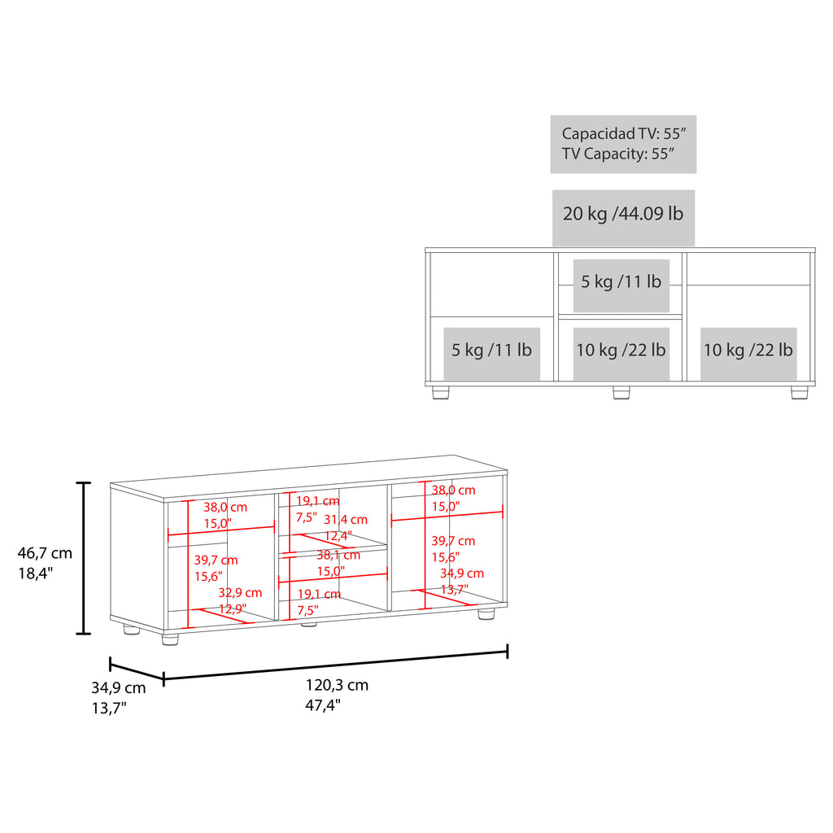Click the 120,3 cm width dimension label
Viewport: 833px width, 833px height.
[337, 685]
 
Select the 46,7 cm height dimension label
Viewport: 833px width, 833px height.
[45, 553]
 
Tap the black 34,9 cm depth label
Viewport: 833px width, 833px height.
[119, 687]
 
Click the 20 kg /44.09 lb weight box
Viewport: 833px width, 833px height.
[623, 218]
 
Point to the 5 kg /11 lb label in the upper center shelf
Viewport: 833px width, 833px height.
[621, 281]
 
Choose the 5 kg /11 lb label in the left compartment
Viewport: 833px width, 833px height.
[491, 350]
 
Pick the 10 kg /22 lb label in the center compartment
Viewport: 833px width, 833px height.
[621, 350]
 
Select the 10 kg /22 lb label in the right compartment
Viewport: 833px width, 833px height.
[748, 350]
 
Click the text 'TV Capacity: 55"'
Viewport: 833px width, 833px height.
[618, 154]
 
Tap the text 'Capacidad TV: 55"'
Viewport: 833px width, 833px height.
[624, 134]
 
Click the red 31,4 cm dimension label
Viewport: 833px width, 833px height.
[346, 520]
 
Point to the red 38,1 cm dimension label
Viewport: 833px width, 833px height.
[338, 555]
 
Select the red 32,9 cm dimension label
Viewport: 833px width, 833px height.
[240, 592]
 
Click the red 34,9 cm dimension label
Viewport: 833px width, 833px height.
[462, 574]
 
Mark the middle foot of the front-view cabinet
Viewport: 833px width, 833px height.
[621, 393]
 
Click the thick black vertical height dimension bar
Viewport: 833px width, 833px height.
[84, 558]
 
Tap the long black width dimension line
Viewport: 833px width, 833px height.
[336, 665]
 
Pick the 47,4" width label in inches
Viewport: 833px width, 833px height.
[322, 705]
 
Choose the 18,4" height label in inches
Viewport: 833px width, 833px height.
[36, 574]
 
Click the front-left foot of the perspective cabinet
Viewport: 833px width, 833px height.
[170, 639]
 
